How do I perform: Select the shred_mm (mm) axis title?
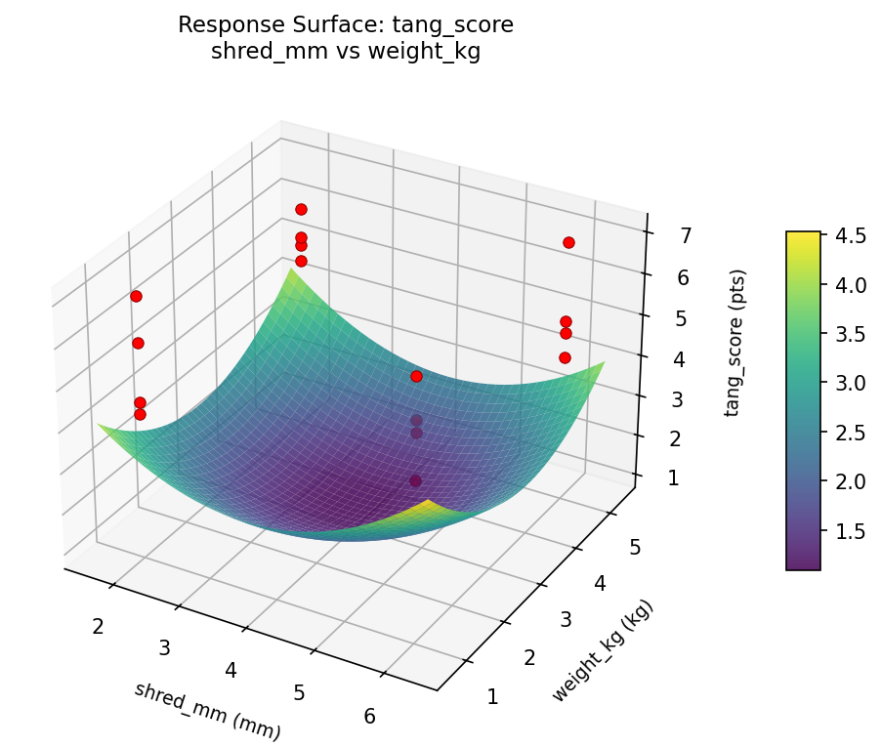[x=207, y=710]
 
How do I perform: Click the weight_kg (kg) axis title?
[x=602, y=651]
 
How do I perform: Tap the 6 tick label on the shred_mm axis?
[x=369, y=716]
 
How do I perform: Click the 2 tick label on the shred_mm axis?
[x=98, y=626]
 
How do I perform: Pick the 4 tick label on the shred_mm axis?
[x=231, y=670]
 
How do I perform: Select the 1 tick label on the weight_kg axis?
[x=492, y=696]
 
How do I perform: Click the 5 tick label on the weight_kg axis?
[x=635, y=548]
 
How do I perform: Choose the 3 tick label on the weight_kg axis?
[x=566, y=620]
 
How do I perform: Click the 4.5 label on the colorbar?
[x=850, y=235]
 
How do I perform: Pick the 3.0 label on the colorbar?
[x=850, y=383]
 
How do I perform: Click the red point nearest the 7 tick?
[x=568, y=242]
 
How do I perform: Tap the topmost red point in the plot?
[x=301, y=209]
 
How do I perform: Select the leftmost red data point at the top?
[x=136, y=296]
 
